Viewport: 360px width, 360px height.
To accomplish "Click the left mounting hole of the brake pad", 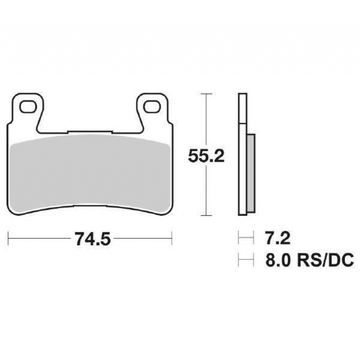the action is coord(28,107).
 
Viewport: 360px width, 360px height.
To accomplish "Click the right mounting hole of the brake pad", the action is coord(152,107).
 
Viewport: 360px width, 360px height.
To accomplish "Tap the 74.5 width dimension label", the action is coord(93,239).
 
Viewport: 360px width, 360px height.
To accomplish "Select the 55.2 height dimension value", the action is coord(206,156).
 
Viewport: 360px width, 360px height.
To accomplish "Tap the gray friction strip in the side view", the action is coord(251,173).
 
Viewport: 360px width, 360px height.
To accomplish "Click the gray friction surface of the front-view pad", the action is coord(90,174).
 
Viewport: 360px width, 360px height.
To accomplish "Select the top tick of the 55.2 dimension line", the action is coord(206,94).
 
